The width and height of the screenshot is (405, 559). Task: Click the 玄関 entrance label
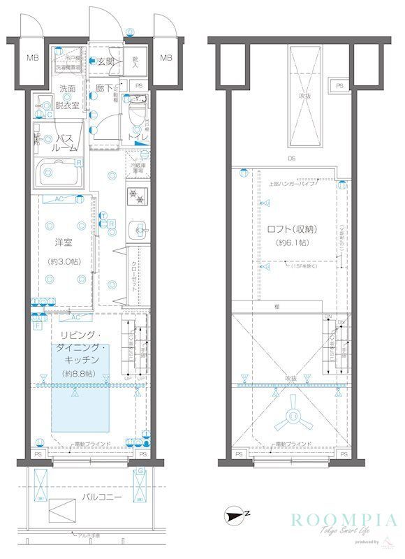coord(105,61)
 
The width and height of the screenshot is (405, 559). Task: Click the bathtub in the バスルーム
coord(61,171)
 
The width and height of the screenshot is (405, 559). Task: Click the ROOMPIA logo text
coord(344,521)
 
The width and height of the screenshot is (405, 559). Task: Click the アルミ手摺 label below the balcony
coord(88,535)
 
